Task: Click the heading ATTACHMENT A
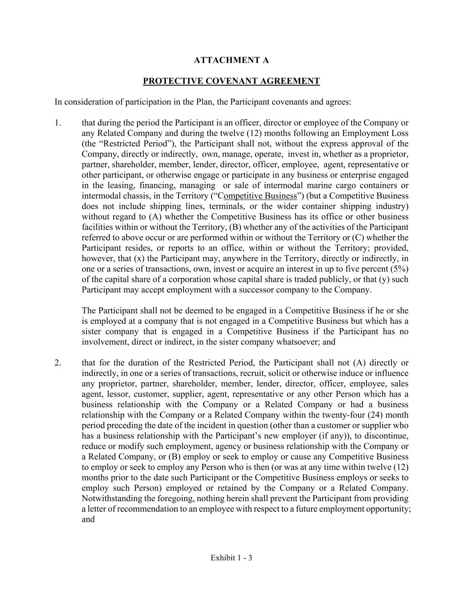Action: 231,60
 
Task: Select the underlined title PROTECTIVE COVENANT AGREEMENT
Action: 231,81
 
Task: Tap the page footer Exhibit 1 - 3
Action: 231,558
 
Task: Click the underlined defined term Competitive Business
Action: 260,196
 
